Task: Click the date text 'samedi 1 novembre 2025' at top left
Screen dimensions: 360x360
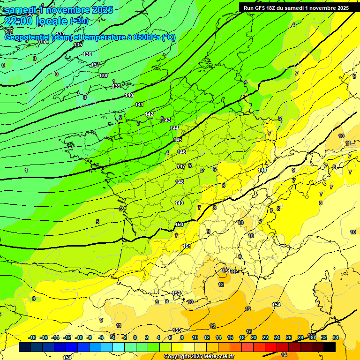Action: pyautogui.click(x=59, y=10)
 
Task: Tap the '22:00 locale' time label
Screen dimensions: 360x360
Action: pyautogui.click(x=36, y=21)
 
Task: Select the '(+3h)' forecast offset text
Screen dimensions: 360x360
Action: pyautogui.click(x=79, y=21)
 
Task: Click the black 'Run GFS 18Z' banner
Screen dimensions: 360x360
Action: pyautogui.click(x=296, y=7)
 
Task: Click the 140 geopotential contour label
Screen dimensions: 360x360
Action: pyautogui.click(x=129, y=95)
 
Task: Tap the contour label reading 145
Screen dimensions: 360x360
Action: pyautogui.click(x=178, y=140)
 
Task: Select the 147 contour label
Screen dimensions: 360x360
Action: pyautogui.click(x=181, y=166)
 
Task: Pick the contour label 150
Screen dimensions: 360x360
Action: pyautogui.click(x=179, y=225)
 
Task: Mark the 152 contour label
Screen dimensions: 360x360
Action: pyautogui.click(x=176, y=293)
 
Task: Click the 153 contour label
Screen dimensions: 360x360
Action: pyautogui.click(x=177, y=330)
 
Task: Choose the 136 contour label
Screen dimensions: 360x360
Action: pyautogui.click(x=87, y=54)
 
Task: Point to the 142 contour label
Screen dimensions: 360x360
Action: pyautogui.click(x=149, y=114)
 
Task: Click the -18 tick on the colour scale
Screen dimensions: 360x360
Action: pyautogui.click(x=32, y=337)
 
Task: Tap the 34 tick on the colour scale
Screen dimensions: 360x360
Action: pyautogui.click(x=336, y=337)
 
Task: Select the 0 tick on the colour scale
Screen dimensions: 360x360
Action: pyautogui.click(x=135, y=337)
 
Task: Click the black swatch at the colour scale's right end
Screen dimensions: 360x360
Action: pyautogui.click(x=330, y=347)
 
